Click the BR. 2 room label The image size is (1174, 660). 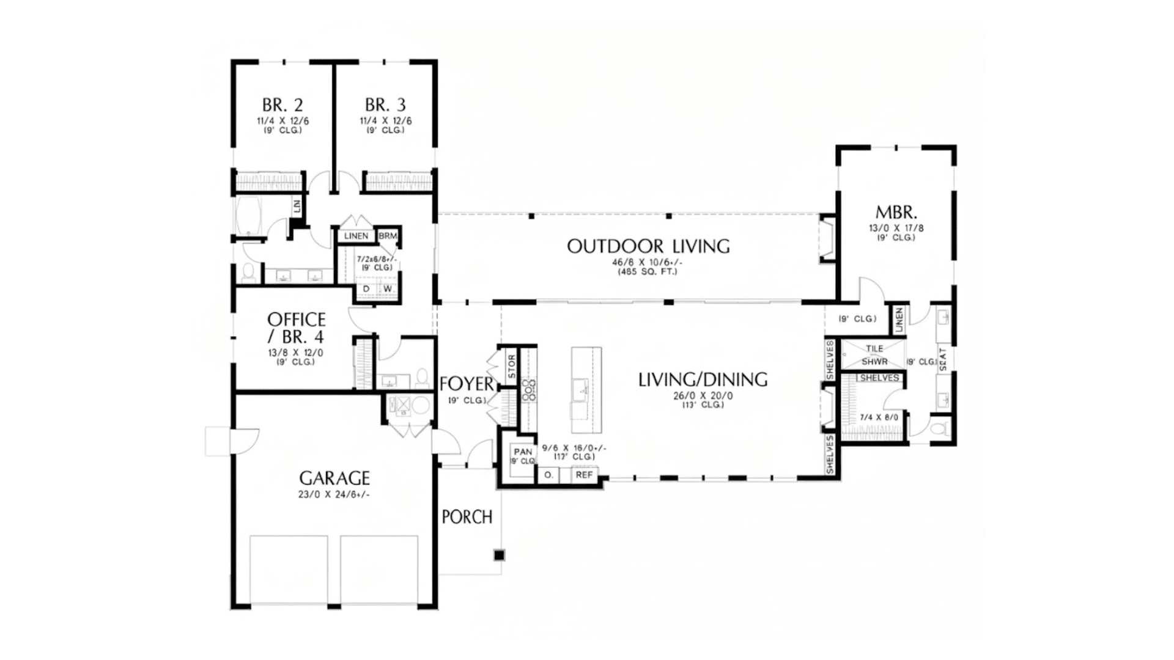click(x=282, y=105)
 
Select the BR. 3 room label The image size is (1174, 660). click(x=385, y=105)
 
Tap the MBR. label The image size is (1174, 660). click(x=896, y=213)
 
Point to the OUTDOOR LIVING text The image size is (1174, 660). click(x=648, y=246)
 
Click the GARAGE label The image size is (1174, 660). click(x=334, y=478)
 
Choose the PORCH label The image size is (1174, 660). click(x=467, y=517)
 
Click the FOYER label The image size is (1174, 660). click(x=467, y=384)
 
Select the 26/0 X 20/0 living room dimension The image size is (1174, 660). click(x=703, y=395)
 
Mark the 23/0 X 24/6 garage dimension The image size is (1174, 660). click(x=334, y=494)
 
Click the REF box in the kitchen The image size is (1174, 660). click(x=584, y=475)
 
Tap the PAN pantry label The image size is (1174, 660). click(x=523, y=452)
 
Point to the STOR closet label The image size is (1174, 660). click(x=512, y=366)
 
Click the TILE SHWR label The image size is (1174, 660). click(x=874, y=355)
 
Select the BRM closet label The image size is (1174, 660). click(x=388, y=236)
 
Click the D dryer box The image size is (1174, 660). click(x=366, y=288)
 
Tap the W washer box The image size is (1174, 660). click(x=388, y=288)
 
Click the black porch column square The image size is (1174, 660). click(x=499, y=555)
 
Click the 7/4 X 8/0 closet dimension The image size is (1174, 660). click(x=879, y=417)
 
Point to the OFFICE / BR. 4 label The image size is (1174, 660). click(x=296, y=328)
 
